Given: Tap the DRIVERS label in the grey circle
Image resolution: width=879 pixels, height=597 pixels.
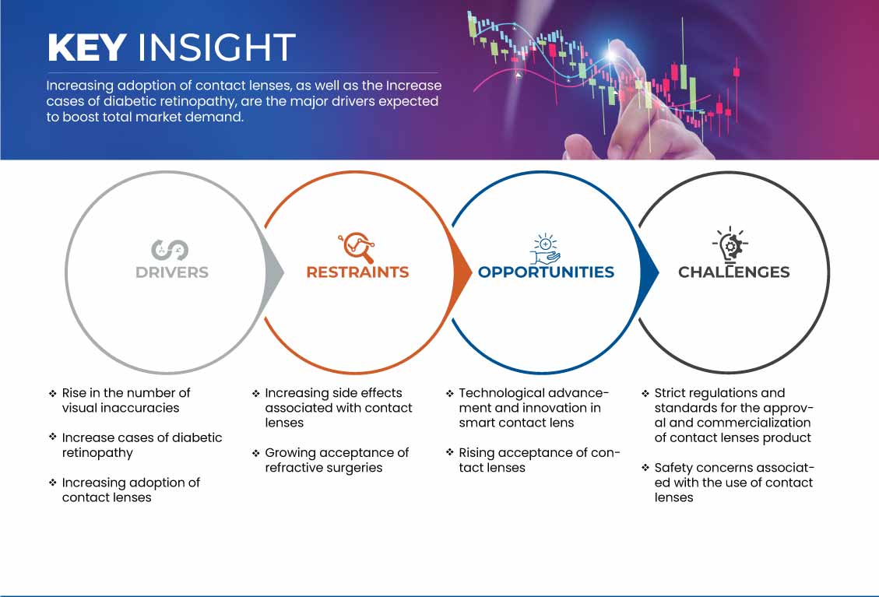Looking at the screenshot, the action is pos(172,272).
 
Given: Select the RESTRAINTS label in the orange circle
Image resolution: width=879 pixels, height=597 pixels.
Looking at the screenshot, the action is pos(357,272).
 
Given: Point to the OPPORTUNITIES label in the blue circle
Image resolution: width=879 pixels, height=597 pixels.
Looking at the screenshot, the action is pos(546,272).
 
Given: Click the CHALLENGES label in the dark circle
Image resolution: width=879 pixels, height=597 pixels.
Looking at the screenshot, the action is pos(734,272).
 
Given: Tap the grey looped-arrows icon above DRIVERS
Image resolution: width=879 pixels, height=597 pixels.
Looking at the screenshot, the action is pos(169,250).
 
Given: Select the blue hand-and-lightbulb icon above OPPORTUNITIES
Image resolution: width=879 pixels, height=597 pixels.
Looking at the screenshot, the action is pos(546,249).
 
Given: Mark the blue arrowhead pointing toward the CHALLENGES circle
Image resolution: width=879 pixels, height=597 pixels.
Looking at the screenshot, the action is pos(649,272).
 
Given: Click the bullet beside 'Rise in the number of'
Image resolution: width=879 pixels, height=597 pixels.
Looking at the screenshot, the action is pos(53,394).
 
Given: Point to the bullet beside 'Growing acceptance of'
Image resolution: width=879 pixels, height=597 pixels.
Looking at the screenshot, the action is pos(255,454).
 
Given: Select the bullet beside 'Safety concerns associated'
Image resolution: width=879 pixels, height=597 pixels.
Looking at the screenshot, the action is pos(645,468).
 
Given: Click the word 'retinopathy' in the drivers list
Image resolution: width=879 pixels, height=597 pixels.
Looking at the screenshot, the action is pos(97,454).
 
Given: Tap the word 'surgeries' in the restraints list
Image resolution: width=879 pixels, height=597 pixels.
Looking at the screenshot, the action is pos(353,468).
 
